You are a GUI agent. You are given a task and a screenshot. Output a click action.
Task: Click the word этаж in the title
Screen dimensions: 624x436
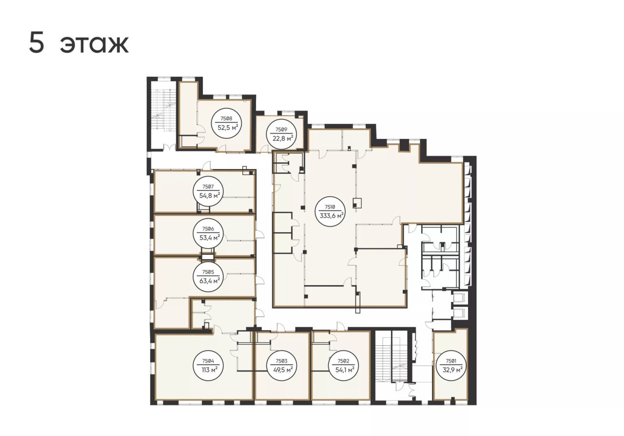95,44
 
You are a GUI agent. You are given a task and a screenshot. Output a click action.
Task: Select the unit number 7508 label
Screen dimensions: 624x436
226,118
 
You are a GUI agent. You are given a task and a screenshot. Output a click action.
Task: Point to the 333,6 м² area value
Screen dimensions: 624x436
331,216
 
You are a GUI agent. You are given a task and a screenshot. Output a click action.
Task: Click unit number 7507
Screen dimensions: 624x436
208,187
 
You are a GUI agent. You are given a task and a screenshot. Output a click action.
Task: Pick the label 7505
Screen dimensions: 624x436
208,272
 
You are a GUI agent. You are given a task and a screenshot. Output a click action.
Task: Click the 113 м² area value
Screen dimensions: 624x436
208,370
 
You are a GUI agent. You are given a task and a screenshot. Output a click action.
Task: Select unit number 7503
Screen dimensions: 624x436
281,361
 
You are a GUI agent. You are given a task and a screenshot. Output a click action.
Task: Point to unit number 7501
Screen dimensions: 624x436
451,361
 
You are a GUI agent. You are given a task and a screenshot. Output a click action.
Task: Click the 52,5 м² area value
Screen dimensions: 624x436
228,128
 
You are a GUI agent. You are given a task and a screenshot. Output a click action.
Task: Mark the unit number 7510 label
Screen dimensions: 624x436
331,207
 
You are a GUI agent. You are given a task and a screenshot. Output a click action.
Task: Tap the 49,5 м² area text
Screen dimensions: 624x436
283,370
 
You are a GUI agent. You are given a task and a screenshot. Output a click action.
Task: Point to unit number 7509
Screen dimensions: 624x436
281,130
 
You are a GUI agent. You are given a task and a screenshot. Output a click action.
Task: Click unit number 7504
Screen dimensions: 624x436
208,361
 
